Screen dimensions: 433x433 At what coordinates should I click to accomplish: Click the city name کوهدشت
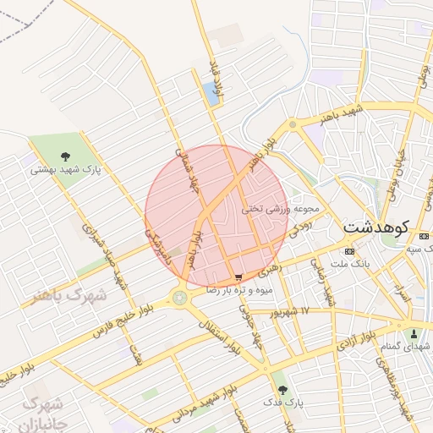pos(375,227)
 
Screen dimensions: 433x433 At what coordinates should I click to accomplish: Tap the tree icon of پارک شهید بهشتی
pos(65,154)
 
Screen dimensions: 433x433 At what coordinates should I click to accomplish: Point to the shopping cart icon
pos(238,277)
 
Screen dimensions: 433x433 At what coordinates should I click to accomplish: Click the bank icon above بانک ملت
pos(351,252)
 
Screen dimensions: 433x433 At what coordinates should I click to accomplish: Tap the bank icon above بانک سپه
pos(406,238)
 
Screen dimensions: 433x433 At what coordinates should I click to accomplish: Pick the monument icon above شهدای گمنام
pos(414,333)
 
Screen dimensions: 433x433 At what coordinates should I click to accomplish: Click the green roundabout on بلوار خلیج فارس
pos(179,297)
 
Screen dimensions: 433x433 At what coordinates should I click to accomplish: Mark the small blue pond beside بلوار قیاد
pos(211,93)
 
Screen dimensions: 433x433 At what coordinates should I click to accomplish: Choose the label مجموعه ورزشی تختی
pos(280,208)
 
